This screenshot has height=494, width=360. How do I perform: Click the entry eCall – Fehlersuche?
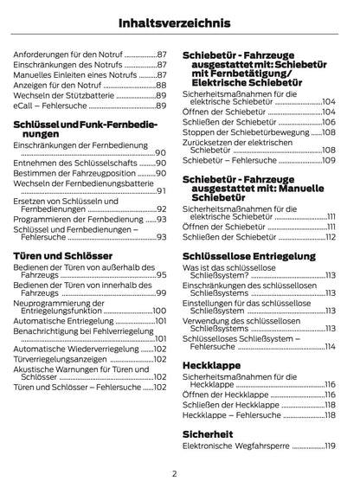pos(52,106)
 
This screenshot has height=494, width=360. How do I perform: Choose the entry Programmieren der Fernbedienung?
pos(78,220)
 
